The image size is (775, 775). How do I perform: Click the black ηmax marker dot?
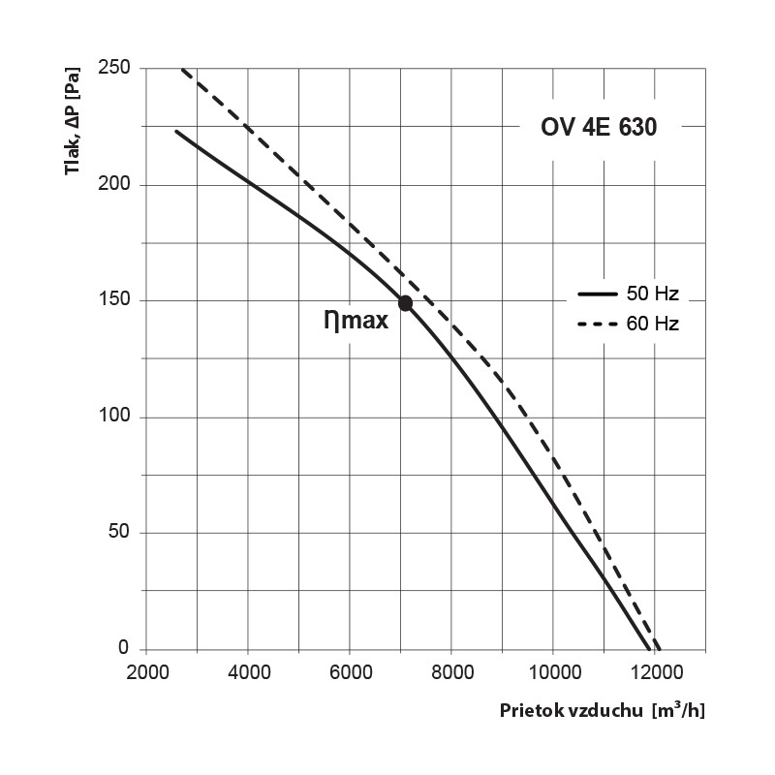pyautogui.click(x=405, y=303)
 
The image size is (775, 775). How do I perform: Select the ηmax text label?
pyautogui.click(x=356, y=321)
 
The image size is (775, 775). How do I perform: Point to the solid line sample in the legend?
pyautogui.click(x=598, y=294)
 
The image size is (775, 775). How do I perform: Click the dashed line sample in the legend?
pyautogui.click(x=598, y=325)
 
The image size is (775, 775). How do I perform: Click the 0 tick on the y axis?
pyautogui.click(x=125, y=649)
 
